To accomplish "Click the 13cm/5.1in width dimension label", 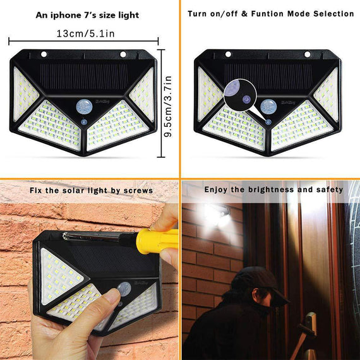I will click(x=85, y=33).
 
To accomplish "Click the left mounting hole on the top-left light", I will click(x=45, y=54).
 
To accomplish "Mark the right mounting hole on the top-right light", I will click(x=308, y=54).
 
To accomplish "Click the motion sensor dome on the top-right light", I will click(x=268, y=105).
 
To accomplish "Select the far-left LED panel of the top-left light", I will click(x=25, y=95).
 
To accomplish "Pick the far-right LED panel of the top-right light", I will click(x=328, y=95).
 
